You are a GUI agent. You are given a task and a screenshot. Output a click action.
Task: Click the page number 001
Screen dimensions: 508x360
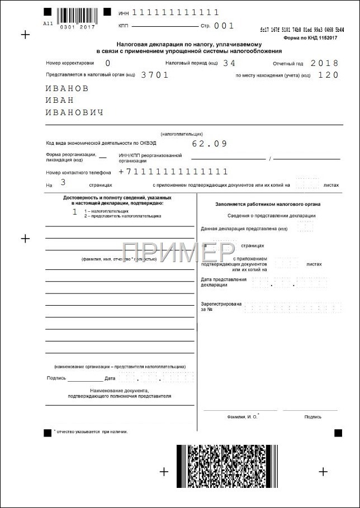pyautogui.click(x=224, y=26)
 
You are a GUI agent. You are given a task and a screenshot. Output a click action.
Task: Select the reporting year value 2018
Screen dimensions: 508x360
pyautogui.click(x=324, y=63)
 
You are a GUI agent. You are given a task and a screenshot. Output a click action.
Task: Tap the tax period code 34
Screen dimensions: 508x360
pyautogui.click(x=229, y=63)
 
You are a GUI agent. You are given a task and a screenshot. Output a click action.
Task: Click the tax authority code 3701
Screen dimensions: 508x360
pyautogui.click(x=155, y=74)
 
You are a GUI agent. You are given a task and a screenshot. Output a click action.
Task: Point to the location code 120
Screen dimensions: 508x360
pyautogui.click(x=328, y=74)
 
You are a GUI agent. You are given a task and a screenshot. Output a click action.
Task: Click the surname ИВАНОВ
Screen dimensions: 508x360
pyautogui.click(x=67, y=88)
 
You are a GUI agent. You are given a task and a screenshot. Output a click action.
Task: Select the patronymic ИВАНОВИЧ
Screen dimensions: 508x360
pyautogui.click(x=74, y=112)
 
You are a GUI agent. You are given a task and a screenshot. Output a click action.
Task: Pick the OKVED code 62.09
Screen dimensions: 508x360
pyautogui.click(x=210, y=144)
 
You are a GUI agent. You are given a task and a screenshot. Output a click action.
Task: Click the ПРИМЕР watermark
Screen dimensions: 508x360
pyautogui.click(x=178, y=254)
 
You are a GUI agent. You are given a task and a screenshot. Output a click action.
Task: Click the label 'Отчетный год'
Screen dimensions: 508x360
pyautogui.click(x=287, y=64)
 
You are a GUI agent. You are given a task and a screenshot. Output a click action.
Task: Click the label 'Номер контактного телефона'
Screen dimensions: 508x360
pyautogui.click(x=79, y=173)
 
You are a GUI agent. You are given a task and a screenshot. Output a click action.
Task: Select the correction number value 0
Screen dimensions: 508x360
pyautogui.click(x=107, y=63)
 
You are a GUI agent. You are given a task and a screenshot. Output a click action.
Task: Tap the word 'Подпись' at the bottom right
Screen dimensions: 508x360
pyautogui.click(x=312, y=417)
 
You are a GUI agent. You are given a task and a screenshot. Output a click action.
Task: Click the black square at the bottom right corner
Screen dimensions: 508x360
pyautogui.click(x=338, y=433)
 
